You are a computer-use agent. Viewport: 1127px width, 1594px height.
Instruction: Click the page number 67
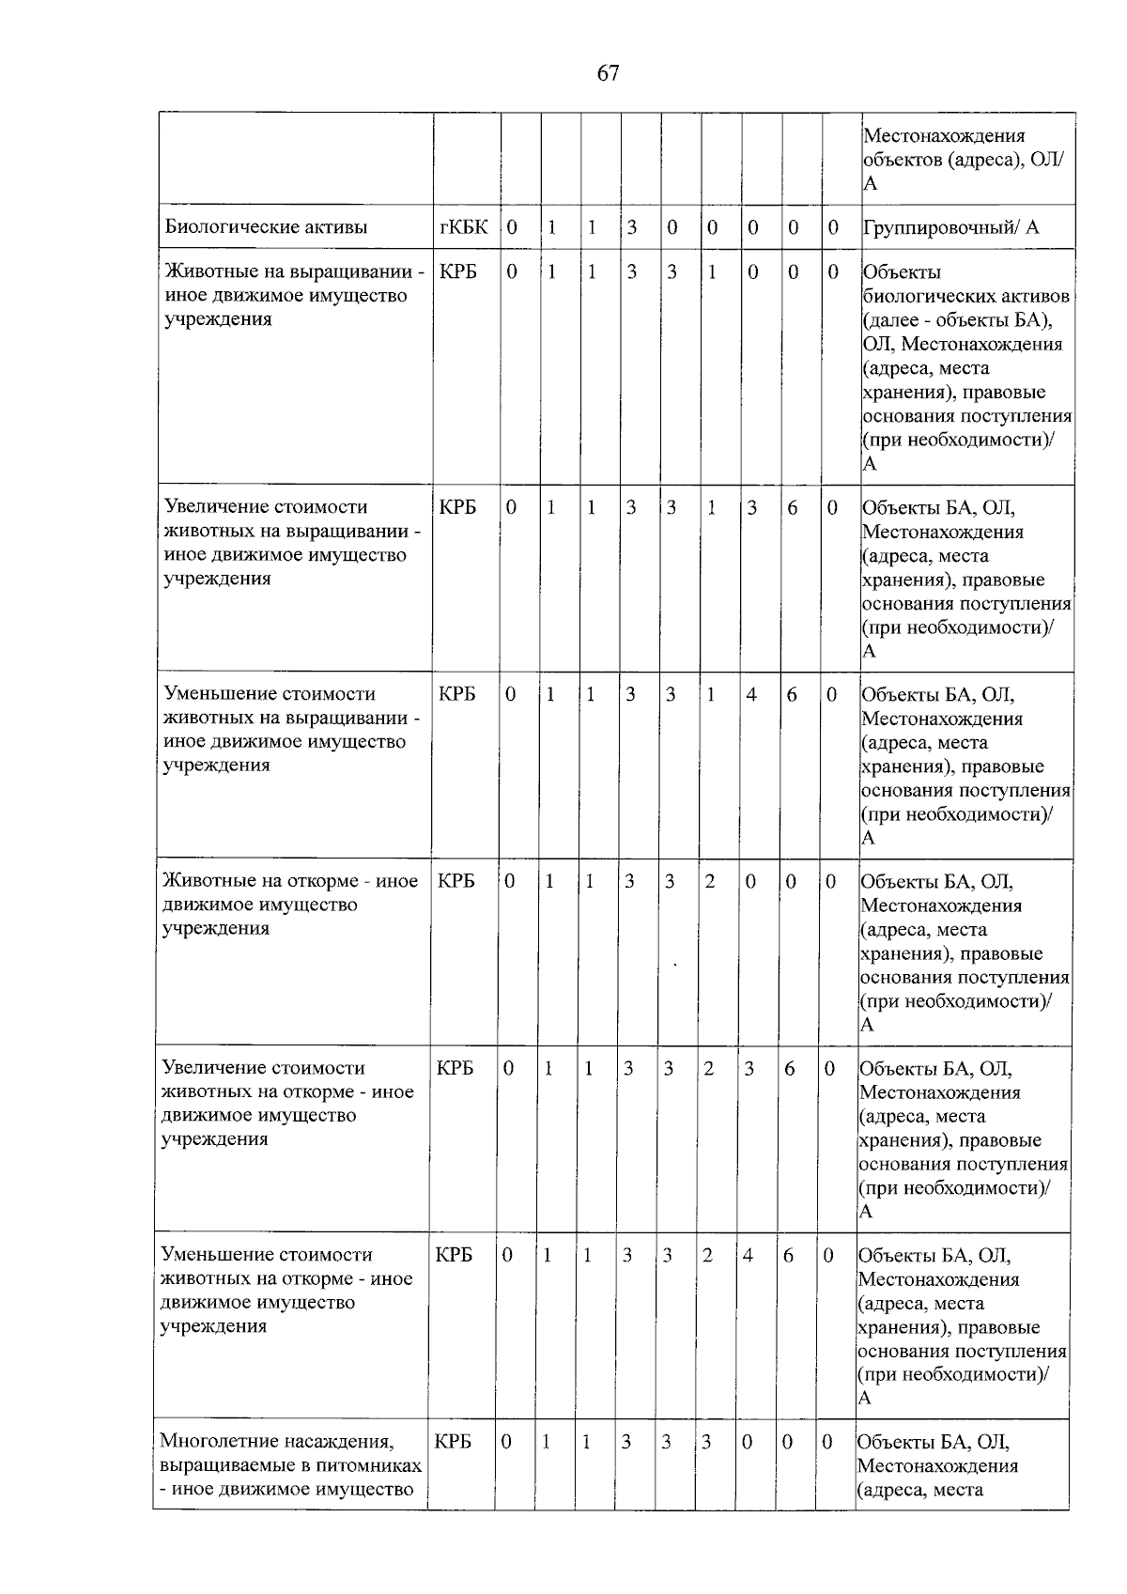[608, 73]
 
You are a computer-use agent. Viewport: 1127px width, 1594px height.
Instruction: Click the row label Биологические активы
[266, 226]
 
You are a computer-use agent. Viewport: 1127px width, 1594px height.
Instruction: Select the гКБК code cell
[463, 226]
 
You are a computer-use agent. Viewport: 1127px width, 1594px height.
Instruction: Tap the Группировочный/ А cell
[950, 226]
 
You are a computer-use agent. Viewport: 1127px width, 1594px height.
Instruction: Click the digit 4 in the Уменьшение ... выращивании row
[750, 694]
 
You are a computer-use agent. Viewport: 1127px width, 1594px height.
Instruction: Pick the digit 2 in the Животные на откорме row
[710, 881]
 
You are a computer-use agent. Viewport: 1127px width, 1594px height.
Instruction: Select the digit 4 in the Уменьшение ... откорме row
[748, 1255]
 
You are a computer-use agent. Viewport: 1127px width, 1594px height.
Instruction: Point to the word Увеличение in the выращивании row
[215, 507]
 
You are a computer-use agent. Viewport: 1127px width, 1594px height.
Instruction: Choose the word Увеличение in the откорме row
[213, 1068]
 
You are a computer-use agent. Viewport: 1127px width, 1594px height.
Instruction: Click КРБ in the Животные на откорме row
[455, 881]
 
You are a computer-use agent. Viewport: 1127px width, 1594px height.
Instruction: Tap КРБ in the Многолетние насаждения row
[453, 1441]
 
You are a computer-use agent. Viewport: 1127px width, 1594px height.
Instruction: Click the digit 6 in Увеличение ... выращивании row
[792, 507]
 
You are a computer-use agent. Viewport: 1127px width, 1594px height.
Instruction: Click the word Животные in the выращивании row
[206, 272]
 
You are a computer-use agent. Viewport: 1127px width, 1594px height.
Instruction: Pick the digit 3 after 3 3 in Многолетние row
[706, 1442]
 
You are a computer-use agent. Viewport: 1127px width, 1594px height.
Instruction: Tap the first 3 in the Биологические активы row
[632, 226]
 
